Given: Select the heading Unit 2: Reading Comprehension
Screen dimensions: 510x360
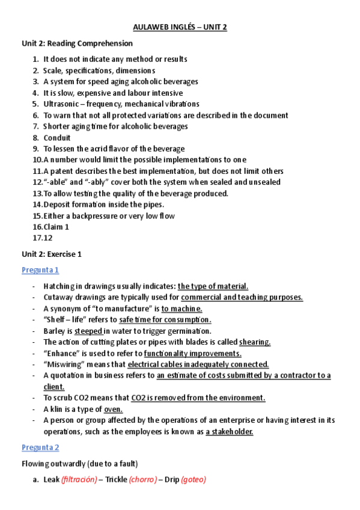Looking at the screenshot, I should tap(77, 43).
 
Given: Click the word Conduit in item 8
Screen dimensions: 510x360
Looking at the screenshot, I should tap(56, 138).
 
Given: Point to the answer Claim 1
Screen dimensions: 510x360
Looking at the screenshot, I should tap(56, 227).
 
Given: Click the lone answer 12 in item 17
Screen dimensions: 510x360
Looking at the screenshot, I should tap(47, 238).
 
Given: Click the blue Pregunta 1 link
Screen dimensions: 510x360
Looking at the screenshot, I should tap(40, 270).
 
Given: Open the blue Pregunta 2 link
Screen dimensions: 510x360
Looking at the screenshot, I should tap(40, 447).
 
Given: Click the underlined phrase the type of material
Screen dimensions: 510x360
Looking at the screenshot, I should tap(213, 286).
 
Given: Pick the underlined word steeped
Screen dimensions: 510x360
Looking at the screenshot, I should tap(88, 331).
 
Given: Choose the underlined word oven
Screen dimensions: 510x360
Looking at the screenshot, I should tap(113, 409).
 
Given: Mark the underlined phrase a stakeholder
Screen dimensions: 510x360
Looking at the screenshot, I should tap(229, 431).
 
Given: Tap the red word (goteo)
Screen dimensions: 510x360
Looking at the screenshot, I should tap(194, 480).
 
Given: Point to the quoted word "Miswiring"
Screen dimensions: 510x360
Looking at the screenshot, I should tap(65, 364).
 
